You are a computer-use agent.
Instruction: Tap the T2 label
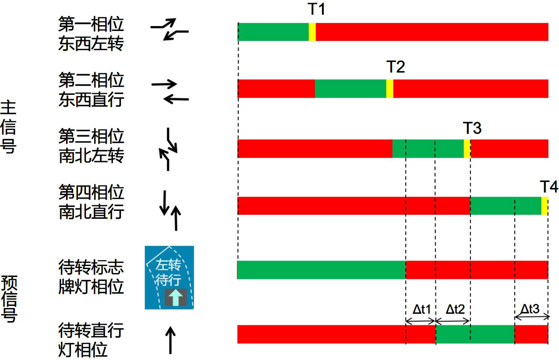click(x=395, y=67)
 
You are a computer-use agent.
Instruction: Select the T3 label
click(x=472, y=128)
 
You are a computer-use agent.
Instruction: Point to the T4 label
click(x=548, y=187)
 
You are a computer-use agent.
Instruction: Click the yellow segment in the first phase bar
click(x=312, y=32)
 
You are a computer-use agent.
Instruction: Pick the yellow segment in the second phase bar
click(x=390, y=89)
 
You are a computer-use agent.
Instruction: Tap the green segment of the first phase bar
click(x=273, y=32)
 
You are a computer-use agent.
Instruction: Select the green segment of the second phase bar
click(x=350, y=89)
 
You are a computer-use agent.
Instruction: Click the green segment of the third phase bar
click(x=428, y=149)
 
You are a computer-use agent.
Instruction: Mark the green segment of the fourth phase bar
click(x=506, y=206)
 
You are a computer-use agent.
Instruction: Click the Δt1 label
click(x=421, y=309)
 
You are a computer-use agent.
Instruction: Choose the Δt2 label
click(x=455, y=309)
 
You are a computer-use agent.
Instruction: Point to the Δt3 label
click(x=530, y=309)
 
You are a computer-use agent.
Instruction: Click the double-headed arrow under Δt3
click(x=532, y=317)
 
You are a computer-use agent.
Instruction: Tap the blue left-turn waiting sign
click(x=169, y=277)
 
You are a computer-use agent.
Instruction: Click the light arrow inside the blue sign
click(x=176, y=297)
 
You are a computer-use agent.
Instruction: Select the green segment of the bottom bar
click(x=475, y=334)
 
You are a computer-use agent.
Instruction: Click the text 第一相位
click(x=91, y=24)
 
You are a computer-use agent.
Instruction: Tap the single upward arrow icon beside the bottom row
click(x=170, y=340)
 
